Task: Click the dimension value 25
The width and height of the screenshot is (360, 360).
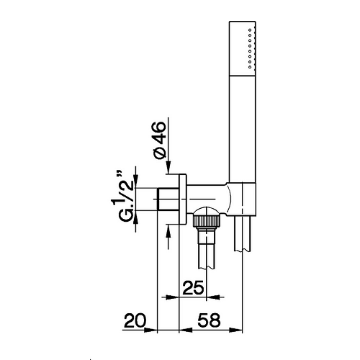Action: (x=193, y=288)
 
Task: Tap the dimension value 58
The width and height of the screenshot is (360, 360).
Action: (x=209, y=320)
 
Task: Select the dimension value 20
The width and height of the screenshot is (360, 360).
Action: (x=135, y=320)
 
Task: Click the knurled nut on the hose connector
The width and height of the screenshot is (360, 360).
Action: (x=207, y=220)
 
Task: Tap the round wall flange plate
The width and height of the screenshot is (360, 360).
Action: (x=183, y=199)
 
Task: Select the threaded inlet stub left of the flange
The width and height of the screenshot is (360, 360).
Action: (x=168, y=199)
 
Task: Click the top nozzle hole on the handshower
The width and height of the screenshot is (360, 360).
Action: (x=250, y=30)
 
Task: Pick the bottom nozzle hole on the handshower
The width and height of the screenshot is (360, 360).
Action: (x=250, y=67)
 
